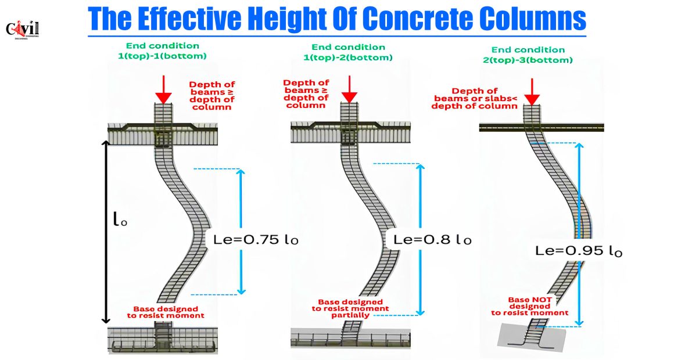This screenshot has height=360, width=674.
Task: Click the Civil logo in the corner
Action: pos(22,30)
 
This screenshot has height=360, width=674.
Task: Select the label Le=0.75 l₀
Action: pos(256,239)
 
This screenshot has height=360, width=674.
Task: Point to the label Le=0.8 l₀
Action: pos(432,239)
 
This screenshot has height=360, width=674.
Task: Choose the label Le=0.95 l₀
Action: pos(579,250)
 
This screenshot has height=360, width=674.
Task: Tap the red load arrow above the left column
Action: pos(163,89)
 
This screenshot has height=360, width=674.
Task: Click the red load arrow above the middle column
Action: pos(349,89)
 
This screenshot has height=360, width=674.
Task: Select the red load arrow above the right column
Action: pos(532,92)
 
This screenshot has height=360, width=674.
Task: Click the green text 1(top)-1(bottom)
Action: pos(162,56)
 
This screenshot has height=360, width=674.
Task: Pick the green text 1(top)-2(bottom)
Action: pos(348,57)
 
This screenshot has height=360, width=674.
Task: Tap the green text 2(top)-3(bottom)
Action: pos(528,60)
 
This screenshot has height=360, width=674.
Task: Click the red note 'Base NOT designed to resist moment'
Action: pos(529,307)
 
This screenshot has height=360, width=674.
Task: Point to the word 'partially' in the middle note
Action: pos(350,315)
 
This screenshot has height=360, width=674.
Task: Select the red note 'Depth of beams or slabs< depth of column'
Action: pos(475,98)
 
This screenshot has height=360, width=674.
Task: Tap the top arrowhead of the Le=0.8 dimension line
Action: pos(421,168)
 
